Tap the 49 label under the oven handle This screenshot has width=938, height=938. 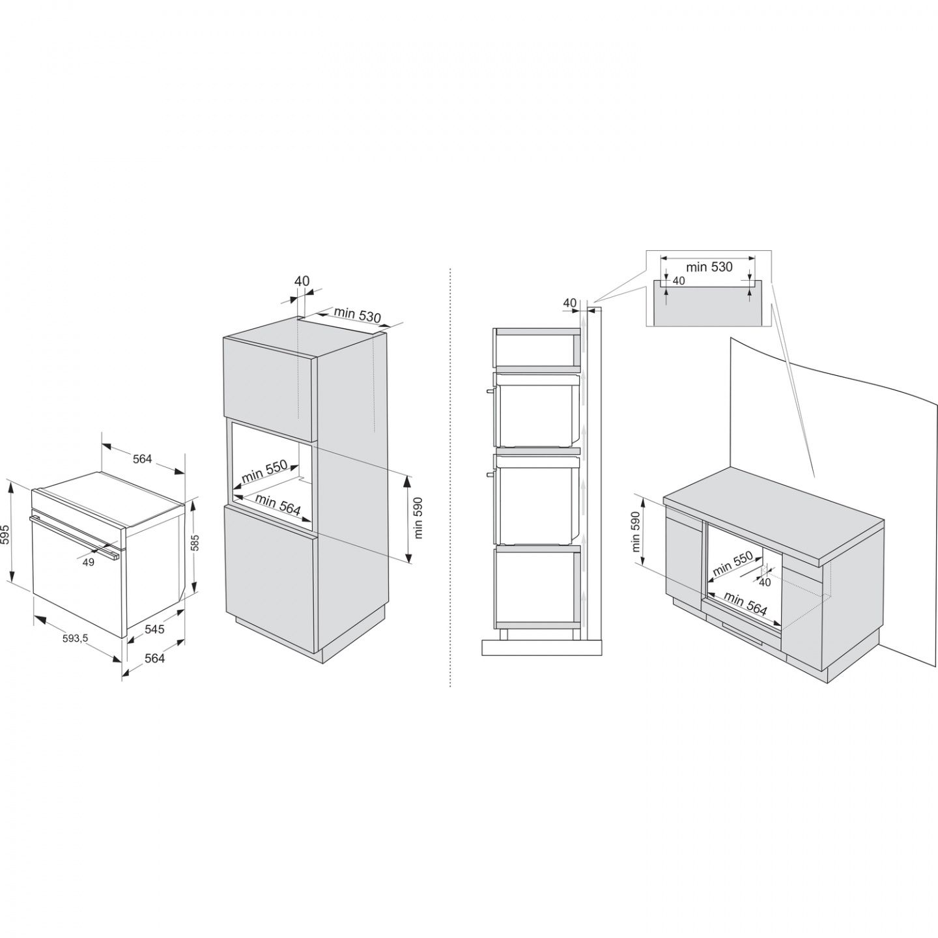coord(88,562)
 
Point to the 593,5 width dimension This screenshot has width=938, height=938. coord(75,638)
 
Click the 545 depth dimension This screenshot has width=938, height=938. coord(155,629)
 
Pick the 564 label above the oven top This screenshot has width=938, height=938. coord(143,459)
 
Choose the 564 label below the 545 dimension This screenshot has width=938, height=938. coord(155,658)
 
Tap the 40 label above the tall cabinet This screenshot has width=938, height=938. coord(302,281)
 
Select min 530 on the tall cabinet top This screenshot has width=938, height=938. coord(358,315)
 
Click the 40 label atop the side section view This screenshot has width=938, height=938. coord(569,303)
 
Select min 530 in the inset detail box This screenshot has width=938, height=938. coord(709,267)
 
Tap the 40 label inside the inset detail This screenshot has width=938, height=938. coord(679,281)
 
